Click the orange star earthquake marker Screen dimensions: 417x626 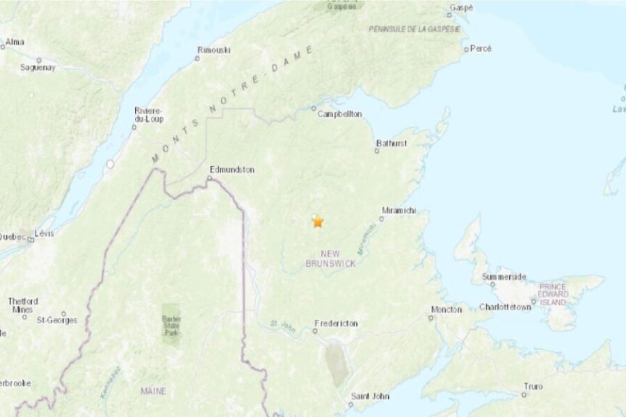pos(318,222)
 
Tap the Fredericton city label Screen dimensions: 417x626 pos(336,323)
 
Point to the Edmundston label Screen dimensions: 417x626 pos(232,169)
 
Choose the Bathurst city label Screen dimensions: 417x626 pos(392,143)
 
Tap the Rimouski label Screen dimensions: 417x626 pos(214,49)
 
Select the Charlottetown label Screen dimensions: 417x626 pos(504,307)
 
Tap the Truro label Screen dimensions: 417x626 pos(533,386)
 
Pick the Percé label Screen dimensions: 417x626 pos(481,49)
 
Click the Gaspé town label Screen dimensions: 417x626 pos(461,8)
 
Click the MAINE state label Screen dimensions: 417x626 pos(153,391)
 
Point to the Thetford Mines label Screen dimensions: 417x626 pos(23,305)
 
